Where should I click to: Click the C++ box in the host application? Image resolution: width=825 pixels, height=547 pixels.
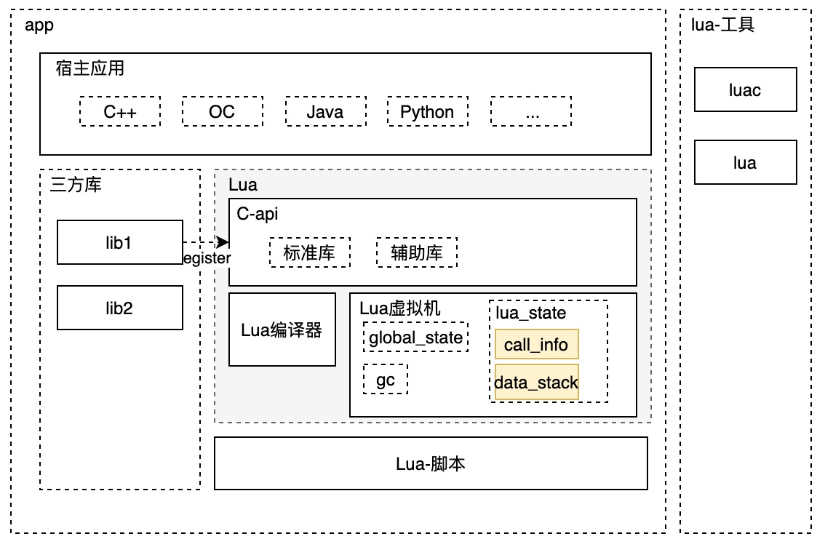pos(120,112)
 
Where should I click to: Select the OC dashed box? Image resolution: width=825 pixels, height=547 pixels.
pos(222,112)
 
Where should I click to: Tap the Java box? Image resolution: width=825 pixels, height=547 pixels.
pos(324,112)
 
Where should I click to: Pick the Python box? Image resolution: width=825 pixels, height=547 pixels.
pos(427,112)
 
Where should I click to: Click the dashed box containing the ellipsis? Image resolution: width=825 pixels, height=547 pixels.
pos(531,112)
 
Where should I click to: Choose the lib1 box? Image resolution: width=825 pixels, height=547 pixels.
pos(120,242)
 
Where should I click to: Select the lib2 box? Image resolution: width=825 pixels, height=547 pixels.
pos(120,308)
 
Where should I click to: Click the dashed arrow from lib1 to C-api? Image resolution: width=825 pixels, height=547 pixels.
pos(206,242)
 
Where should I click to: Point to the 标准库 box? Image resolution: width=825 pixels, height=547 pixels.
pos(310,252)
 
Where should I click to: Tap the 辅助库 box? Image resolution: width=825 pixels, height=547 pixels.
pos(417,252)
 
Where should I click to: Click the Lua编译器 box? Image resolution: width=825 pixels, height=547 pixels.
pos(282,330)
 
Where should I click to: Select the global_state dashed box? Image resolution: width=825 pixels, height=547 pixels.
pos(415,337)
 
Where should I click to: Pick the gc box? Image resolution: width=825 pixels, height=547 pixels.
pos(386,380)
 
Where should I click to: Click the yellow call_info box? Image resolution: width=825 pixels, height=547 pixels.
pos(536,344)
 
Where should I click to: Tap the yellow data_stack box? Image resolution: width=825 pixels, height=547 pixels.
pos(536,383)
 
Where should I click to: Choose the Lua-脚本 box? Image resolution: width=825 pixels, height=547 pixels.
pos(431,463)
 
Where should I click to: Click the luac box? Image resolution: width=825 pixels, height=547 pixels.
pos(745,89)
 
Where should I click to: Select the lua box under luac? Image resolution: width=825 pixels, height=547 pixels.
pos(745,162)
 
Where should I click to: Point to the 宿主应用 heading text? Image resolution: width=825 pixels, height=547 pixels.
pos(90,69)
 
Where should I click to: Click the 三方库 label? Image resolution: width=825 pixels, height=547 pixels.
pos(76,185)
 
